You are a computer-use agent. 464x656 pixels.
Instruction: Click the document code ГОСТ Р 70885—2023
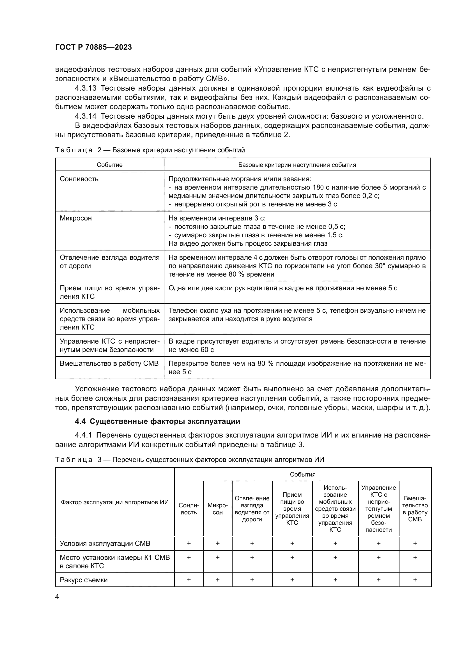pyautogui.click(x=93, y=47)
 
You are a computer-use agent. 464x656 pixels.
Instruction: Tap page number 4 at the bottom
pyautogui.click(x=57, y=597)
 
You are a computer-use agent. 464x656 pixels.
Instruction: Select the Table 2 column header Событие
pyautogui.click(x=109, y=165)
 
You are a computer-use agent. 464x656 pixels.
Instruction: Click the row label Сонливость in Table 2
pyautogui.click(x=79, y=179)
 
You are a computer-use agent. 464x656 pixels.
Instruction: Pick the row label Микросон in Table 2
pyautogui.click(x=76, y=218)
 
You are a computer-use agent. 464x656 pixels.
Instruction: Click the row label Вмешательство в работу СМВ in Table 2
pyautogui.click(x=109, y=363)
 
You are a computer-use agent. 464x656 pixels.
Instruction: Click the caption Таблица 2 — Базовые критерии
pyautogui.click(x=150, y=150)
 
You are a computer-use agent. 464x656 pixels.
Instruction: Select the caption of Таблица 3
pyautogui.click(x=190, y=460)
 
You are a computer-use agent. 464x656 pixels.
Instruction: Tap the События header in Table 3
pyautogui.click(x=303, y=475)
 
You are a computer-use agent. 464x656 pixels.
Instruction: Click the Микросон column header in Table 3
pyautogui.click(x=217, y=509)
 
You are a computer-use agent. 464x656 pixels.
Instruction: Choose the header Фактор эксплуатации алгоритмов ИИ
pyautogui.click(x=114, y=502)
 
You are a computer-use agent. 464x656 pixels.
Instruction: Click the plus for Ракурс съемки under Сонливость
pyautogui.click(x=189, y=580)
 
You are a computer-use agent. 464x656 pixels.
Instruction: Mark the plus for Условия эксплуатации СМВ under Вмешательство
pyautogui.click(x=415, y=544)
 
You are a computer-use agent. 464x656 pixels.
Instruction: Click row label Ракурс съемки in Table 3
pyautogui.click(x=83, y=580)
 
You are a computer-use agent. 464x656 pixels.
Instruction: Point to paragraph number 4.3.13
pyautogui.click(x=86, y=88)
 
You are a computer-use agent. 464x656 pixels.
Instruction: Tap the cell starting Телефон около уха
pyautogui.click(x=297, y=315)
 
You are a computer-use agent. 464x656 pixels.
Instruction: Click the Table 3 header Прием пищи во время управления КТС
pyautogui.click(x=292, y=509)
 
